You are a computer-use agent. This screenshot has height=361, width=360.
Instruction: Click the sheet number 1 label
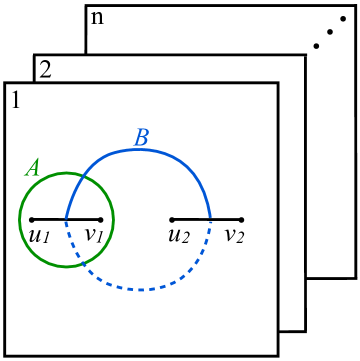pyautogui.click(x=15, y=101)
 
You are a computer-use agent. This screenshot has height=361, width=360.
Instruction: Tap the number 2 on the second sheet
pyautogui.click(x=45, y=71)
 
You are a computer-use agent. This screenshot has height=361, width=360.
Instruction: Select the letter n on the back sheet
pyautogui.click(x=97, y=18)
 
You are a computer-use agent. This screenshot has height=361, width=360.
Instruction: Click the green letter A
pyautogui.click(x=33, y=169)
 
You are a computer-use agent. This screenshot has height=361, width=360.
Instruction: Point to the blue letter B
pyautogui.click(x=141, y=138)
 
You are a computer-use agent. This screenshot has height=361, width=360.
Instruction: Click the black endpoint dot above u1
pyautogui.click(x=32, y=219)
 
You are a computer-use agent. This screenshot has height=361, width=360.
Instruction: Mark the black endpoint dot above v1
pyautogui.click(x=101, y=219)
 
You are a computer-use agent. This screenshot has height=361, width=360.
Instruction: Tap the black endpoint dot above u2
pyautogui.click(x=172, y=219)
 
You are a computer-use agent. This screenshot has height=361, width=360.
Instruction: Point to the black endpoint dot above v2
pyautogui.click(x=241, y=219)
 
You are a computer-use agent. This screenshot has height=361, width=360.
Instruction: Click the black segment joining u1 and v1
pyautogui.click(x=50, y=219)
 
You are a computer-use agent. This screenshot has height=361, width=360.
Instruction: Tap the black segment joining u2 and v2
pyautogui.click(x=190, y=219)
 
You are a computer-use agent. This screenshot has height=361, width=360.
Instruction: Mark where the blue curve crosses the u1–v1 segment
pyautogui.click(x=66, y=219)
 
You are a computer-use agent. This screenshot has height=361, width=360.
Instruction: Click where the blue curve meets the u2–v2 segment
pyautogui.click(x=211, y=219)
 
